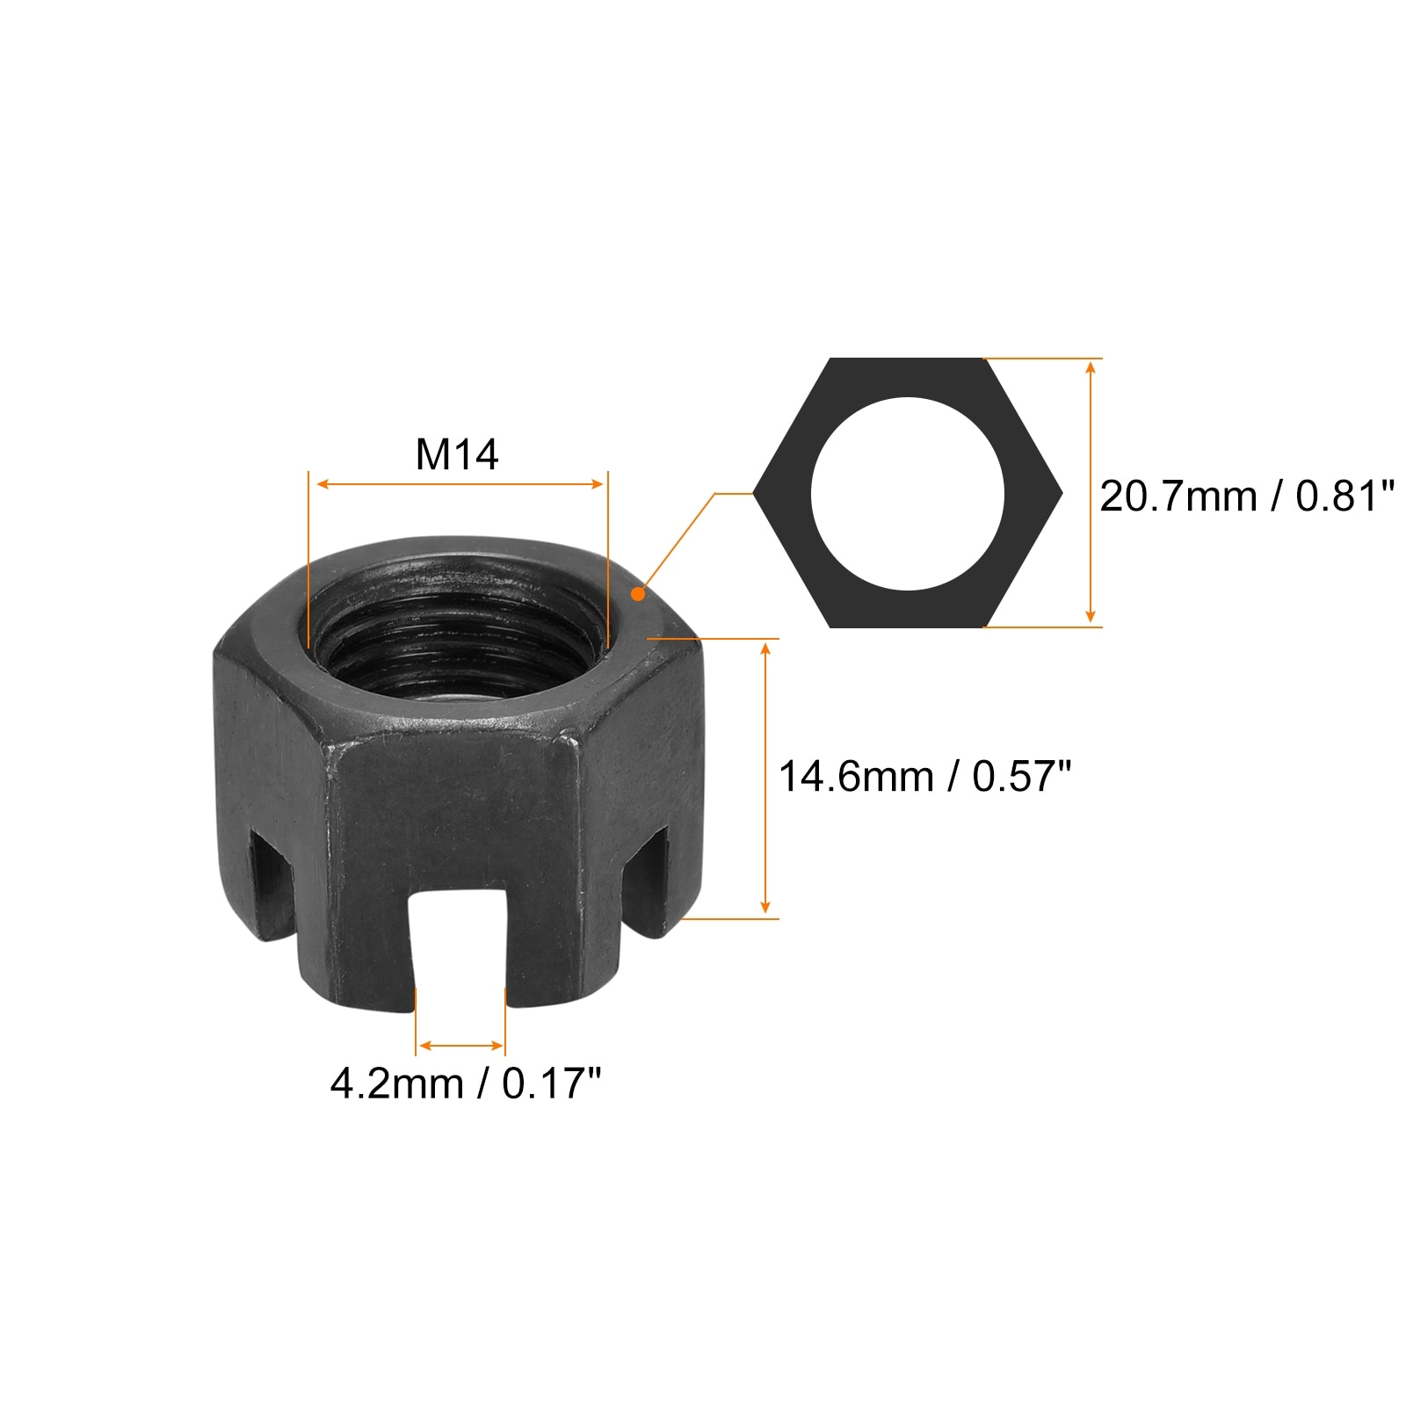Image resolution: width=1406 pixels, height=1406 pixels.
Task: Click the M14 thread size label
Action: click(x=457, y=455)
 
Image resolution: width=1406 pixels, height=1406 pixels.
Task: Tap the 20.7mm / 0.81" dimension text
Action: click(x=1247, y=496)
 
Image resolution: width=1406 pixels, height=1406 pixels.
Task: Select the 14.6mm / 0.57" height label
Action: click(x=925, y=777)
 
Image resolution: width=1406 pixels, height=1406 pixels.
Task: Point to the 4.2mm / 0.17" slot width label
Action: click(x=466, y=1083)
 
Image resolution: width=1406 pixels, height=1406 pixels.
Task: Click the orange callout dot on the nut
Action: click(x=638, y=595)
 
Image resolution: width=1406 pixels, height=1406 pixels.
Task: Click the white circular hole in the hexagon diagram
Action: click(x=907, y=494)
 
